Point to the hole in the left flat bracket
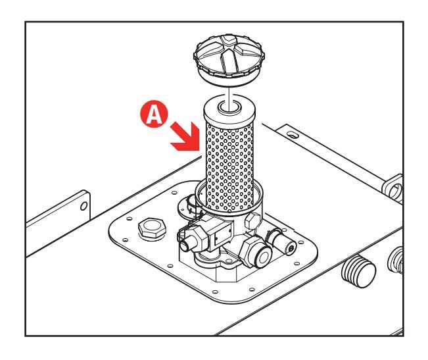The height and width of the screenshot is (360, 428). point(83,205)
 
